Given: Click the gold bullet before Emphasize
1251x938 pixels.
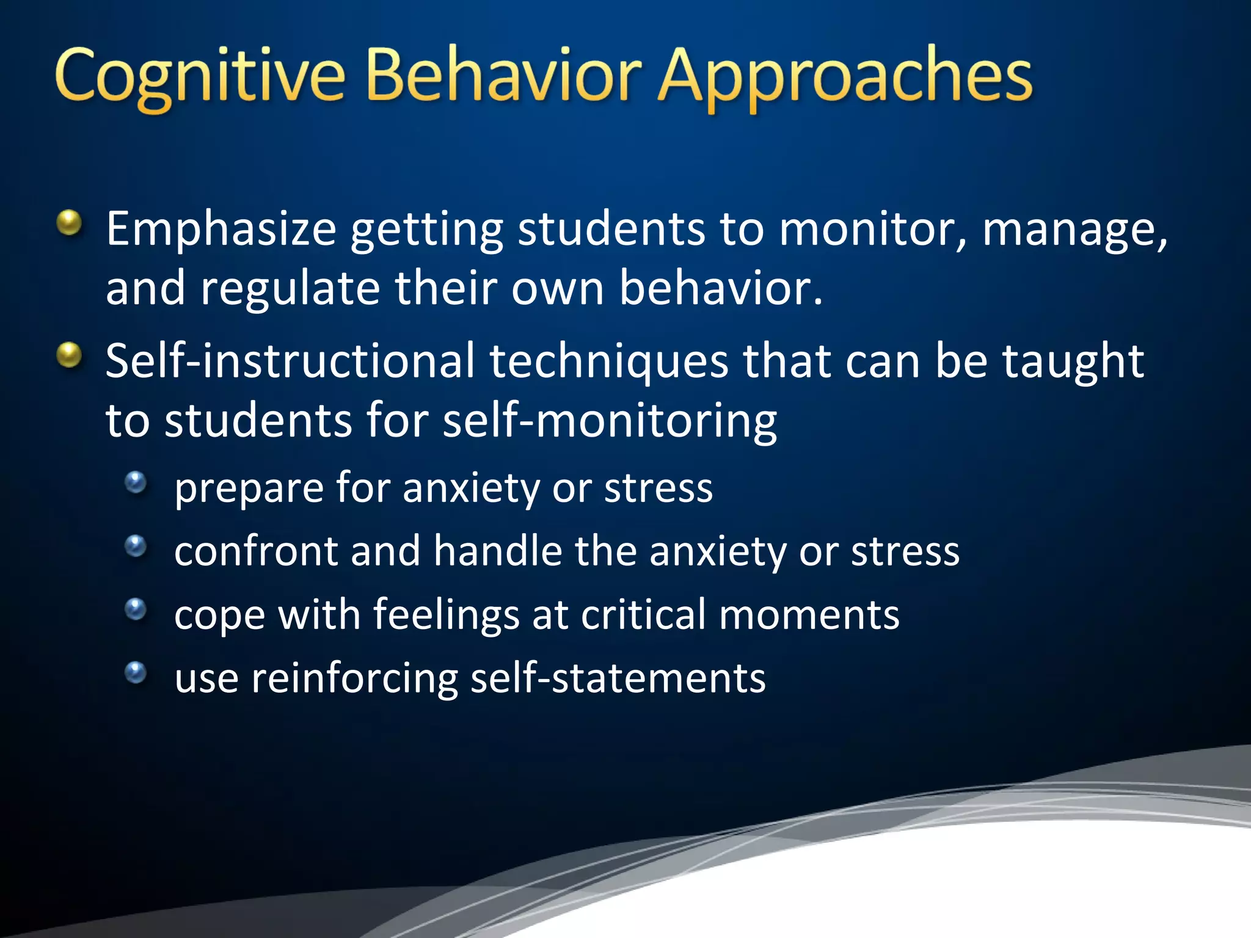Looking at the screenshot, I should [70, 223].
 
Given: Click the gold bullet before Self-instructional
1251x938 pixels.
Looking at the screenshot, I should [70, 355].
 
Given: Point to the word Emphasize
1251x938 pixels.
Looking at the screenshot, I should [221, 230].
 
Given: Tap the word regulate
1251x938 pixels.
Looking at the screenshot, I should [290, 288].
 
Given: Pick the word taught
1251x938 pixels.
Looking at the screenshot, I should [1073, 362].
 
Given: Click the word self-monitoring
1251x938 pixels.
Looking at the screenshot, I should [609, 421].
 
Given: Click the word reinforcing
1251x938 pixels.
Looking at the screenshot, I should [354, 679].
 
